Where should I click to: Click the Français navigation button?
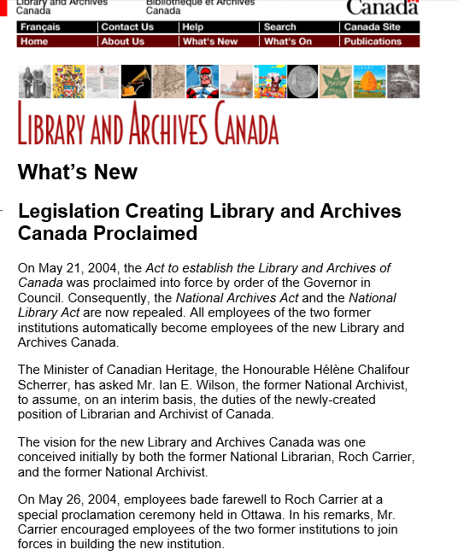40,27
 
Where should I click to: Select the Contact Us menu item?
127,27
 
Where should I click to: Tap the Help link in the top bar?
192,27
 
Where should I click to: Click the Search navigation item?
280,27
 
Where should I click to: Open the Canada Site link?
372,27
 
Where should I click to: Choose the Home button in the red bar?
34,41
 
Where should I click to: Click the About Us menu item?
123,41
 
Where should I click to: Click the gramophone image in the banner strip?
136,82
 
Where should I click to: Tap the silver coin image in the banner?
302,82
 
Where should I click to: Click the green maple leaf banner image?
336,82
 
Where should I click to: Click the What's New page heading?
78,172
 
